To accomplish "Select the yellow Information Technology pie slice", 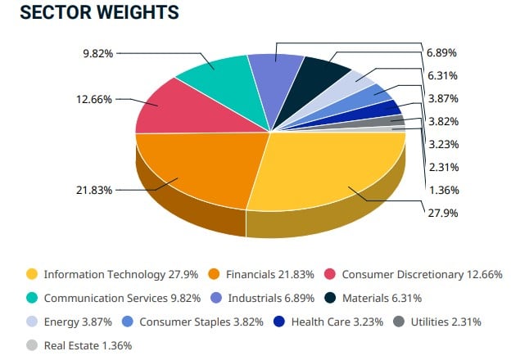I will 336,172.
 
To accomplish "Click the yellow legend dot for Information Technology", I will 32,275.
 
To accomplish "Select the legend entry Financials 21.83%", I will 270,275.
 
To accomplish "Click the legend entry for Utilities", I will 442,322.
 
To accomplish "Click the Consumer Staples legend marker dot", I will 128,322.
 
